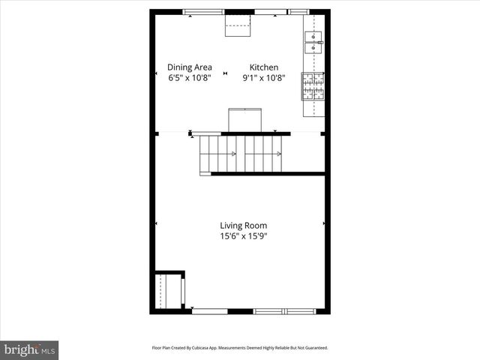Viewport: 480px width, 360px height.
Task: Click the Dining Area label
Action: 189,67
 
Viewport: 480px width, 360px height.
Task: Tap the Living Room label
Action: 243,225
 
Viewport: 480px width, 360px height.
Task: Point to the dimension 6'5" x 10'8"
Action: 189,77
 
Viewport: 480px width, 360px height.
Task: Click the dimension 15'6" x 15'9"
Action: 243,235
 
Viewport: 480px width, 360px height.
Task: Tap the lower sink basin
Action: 312,49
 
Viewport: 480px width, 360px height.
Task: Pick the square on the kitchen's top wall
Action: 239,25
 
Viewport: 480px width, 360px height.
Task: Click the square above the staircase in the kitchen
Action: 244,120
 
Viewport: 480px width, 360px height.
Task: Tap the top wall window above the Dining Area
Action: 207,12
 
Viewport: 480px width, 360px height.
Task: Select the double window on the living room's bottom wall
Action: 284,310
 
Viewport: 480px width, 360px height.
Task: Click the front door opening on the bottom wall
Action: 210,310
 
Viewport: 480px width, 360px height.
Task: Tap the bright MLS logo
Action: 29,349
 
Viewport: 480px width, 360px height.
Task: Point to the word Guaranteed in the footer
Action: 315,348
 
